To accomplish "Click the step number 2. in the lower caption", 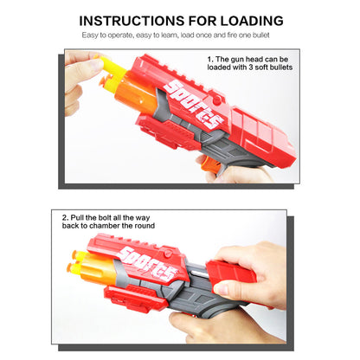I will pos(66,216).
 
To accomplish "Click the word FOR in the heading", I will pos(195,20).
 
